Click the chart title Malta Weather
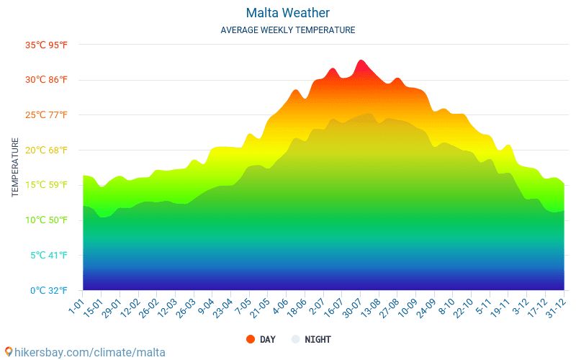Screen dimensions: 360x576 [x=287, y=13]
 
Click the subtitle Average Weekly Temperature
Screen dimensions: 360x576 [x=287, y=30]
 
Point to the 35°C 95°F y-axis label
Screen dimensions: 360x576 [x=47, y=45]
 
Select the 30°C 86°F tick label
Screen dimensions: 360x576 [x=47, y=80]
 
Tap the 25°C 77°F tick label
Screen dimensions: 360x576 [x=47, y=115]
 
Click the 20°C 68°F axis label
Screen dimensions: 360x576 [x=47, y=150]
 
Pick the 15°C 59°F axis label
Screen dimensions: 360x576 [x=47, y=185]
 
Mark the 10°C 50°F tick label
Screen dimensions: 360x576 [x=47, y=220]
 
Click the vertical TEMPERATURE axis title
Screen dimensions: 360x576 [x=15, y=168]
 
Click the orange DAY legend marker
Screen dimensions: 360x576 [x=251, y=339]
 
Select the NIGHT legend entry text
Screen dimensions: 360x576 [x=318, y=339]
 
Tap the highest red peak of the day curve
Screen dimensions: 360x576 [x=361, y=60]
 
